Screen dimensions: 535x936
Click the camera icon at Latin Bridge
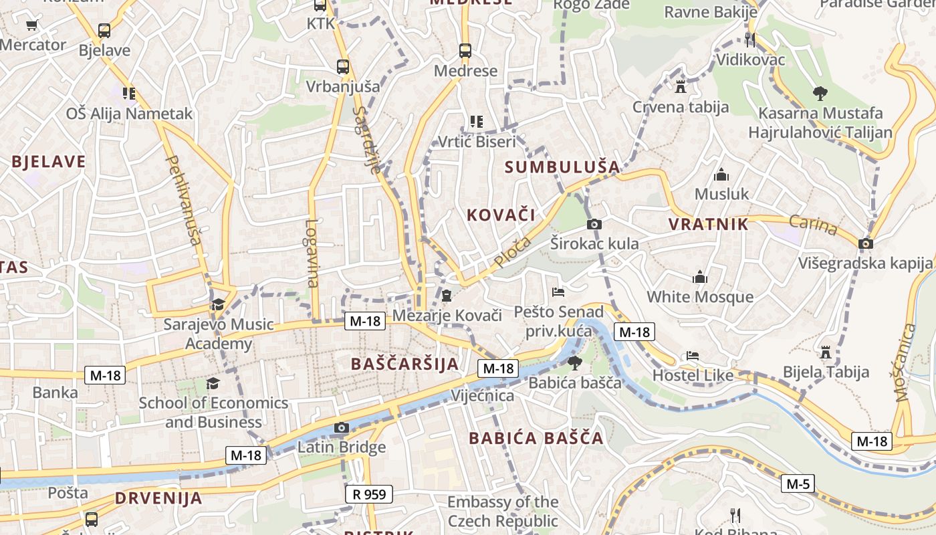coord(342,428)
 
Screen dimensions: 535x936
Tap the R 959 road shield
coord(368,494)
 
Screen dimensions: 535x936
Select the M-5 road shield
coord(798,483)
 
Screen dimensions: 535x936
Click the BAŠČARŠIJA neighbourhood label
coord(405,364)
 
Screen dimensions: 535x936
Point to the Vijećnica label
coord(483,395)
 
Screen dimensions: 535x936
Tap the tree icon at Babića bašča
coord(574,363)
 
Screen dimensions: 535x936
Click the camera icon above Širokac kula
coord(594,224)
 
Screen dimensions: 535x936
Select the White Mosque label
coord(699,296)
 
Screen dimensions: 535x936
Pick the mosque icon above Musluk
coord(721,175)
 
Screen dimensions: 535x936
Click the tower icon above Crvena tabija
coord(681,87)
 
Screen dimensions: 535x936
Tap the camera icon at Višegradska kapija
coord(866,243)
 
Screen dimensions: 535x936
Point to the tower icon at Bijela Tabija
coord(826,352)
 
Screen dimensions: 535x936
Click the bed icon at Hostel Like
coord(693,356)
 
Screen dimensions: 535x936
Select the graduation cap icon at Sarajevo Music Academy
coord(218,305)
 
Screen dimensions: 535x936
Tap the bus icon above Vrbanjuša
coord(343,67)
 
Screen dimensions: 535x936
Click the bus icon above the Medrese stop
coord(465,51)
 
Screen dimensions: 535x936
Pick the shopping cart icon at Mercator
coord(31,25)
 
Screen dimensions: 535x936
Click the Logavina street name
coord(312,254)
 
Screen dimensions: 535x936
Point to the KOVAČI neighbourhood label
coord(501,215)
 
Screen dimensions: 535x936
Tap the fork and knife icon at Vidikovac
coord(750,40)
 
